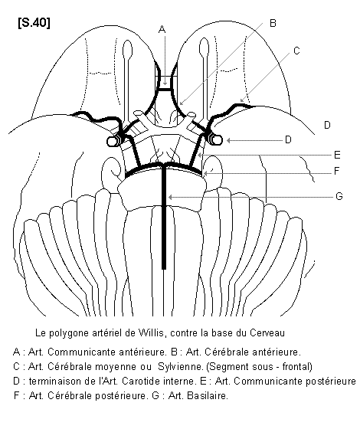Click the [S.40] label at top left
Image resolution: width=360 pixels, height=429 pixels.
click(34, 23)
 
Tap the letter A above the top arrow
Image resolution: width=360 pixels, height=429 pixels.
click(162, 29)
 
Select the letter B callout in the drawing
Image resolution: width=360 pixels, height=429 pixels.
click(273, 23)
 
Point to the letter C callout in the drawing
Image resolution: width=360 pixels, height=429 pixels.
click(296, 51)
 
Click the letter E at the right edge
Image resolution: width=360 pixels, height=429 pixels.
click(337, 155)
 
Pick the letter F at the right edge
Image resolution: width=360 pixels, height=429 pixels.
click(337, 171)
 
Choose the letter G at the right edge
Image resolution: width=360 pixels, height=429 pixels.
click(339, 196)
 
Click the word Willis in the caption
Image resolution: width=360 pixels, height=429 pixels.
click(152, 333)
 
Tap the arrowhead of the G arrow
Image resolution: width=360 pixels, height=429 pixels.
click(170, 197)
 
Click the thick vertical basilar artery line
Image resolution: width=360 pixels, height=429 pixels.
click(164, 218)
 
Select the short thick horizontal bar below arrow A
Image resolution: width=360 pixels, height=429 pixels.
click(165, 88)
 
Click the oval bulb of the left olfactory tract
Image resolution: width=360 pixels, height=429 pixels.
click(127, 50)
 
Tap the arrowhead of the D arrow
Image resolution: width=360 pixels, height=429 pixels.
click(228, 140)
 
